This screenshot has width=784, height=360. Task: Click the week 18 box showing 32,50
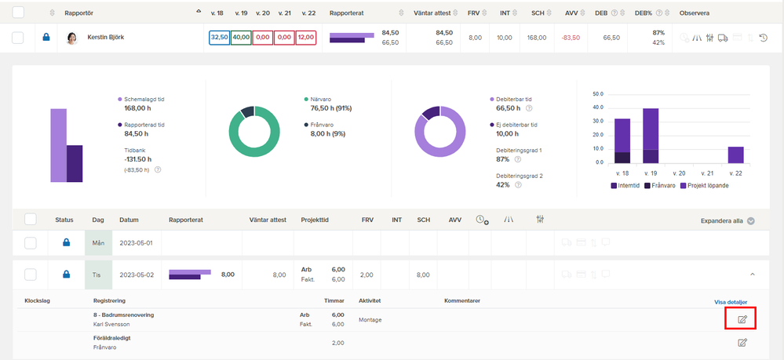220,38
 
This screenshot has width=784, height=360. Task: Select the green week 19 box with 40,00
241,38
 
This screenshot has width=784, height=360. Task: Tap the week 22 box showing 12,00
305,38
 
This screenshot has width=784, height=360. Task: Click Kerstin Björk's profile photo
73,38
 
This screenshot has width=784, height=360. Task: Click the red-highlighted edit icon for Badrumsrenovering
742,319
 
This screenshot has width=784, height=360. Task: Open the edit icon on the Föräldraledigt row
742,343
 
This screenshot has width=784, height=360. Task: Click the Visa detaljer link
731,302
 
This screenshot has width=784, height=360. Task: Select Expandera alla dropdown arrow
750,220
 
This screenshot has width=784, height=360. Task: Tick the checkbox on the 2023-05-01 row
31,243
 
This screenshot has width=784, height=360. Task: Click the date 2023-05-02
136,275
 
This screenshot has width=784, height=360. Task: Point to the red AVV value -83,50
571,38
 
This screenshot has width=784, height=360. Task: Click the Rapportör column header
79,13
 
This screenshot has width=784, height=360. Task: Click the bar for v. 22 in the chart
735,155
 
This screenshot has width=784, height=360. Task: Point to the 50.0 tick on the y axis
598,94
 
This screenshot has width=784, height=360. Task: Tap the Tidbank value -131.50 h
137,159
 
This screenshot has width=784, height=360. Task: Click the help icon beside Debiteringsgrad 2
518,184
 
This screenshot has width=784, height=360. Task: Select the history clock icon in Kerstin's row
763,38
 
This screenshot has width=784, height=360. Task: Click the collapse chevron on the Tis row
752,274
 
